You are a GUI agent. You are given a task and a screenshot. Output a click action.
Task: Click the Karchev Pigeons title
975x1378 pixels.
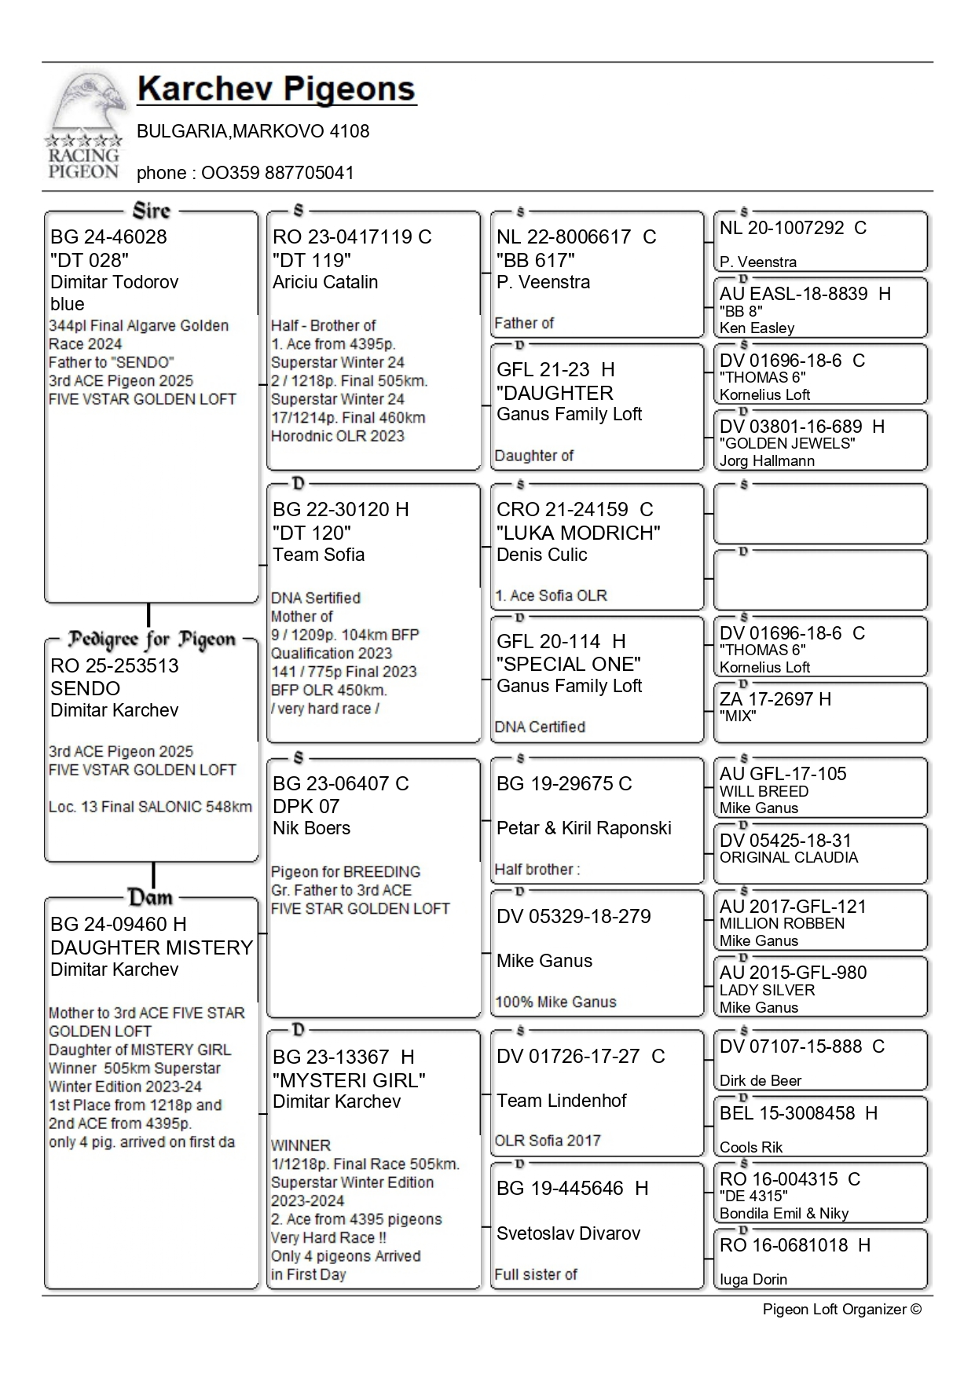(276, 90)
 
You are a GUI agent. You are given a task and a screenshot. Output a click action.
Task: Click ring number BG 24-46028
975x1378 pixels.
(108, 237)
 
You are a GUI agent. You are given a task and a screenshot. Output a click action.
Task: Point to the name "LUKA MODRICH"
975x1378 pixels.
(578, 533)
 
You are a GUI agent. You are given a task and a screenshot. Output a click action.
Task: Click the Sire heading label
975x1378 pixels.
(152, 211)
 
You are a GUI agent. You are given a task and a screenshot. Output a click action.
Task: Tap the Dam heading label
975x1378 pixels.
(150, 897)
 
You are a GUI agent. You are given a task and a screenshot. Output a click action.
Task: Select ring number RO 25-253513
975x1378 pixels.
(115, 666)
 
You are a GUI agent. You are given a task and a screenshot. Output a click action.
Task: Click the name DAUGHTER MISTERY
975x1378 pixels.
(152, 947)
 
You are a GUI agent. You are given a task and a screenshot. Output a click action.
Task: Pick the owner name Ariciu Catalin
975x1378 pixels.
(325, 282)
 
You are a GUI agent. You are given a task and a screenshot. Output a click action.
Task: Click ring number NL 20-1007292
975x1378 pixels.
(782, 228)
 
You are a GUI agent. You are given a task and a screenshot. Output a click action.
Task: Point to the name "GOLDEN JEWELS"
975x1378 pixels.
(787, 444)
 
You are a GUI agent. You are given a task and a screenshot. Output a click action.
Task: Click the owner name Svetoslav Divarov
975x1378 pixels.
(568, 1233)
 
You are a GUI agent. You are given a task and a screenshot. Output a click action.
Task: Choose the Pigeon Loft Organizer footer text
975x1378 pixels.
(841, 1310)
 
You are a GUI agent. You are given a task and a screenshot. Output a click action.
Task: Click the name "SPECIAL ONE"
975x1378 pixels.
(569, 664)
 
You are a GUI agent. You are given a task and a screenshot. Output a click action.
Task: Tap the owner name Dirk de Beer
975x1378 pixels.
(761, 1081)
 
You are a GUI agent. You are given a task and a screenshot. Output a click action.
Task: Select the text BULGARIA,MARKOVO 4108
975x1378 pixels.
(253, 131)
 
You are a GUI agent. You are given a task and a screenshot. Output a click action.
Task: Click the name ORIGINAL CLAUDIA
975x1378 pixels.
(789, 858)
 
